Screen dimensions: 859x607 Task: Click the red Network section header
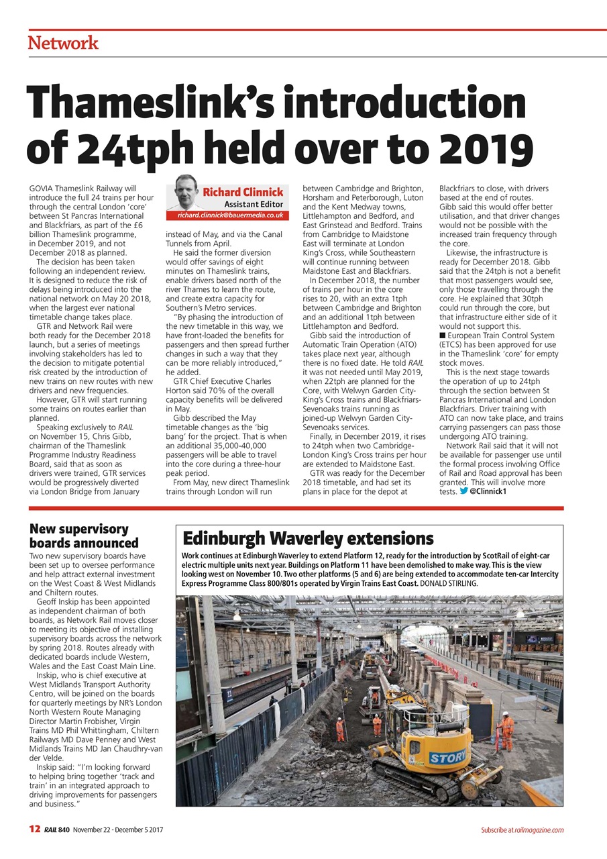coord(63,44)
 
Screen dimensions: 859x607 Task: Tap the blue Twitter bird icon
coord(463,492)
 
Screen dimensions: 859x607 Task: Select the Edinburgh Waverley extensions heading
coord(308,538)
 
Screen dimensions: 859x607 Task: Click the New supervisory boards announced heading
coord(84,536)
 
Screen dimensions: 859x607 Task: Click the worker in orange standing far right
coord(506,731)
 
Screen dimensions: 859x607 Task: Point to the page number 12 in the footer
coord(35,829)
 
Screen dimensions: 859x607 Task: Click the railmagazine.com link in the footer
coord(539,830)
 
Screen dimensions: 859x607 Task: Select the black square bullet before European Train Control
coord(442,336)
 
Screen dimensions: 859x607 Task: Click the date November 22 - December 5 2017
coord(118,830)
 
